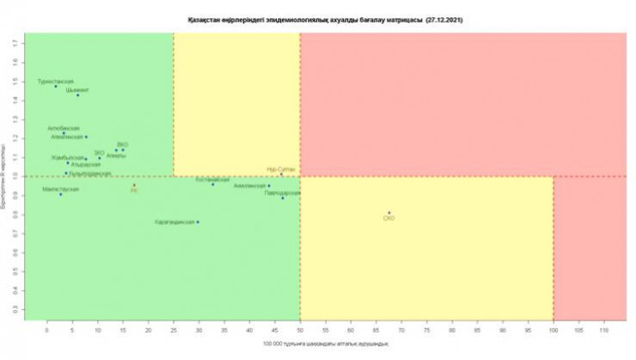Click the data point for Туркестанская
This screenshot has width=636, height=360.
click(x=56, y=86)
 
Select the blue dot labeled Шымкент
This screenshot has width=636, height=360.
click(x=77, y=95)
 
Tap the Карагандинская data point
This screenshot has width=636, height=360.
click(x=198, y=222)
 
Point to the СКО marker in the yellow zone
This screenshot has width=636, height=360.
click(x=388, y=212)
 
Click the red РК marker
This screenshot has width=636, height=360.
click(x=134, y=185)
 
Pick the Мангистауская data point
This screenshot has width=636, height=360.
click(x=60, y=194)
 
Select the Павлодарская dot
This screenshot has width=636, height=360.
click(x=282, y=198)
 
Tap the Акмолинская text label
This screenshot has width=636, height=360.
click(x=250, y=185)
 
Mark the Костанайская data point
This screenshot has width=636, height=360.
click(x=213, y=184)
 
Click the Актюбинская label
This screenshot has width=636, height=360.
click(x=64, y=128)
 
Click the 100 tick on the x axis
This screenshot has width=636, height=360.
click(x=553, y=328)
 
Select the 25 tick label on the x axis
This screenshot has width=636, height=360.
click(x=173, y=328)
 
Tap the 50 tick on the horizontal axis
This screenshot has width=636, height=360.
click(x=300, y=328)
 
